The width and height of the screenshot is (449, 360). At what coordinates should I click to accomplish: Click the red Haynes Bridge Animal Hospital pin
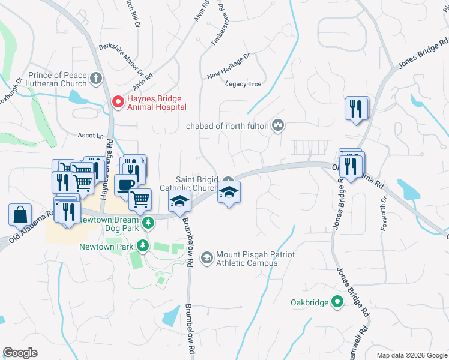[118, 102]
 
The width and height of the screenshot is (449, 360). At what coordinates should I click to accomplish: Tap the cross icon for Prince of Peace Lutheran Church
[97, 79]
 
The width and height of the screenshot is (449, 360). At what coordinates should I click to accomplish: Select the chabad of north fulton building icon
[278, 125]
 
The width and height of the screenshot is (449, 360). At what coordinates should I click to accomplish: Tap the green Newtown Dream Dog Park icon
[148, 223]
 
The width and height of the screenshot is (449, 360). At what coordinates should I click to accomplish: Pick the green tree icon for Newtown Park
[142, 245]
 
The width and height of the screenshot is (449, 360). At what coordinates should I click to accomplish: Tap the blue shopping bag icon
[20, 214]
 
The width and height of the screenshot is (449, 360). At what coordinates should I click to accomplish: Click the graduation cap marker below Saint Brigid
[229, 193]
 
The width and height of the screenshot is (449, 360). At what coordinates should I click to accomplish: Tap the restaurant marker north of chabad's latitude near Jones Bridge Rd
[357, 109]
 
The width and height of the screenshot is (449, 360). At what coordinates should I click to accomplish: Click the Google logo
[20, 353]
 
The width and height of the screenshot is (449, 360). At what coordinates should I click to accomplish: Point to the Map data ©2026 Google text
[411, 355]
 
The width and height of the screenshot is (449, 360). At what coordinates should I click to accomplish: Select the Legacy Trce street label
[243, 84]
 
